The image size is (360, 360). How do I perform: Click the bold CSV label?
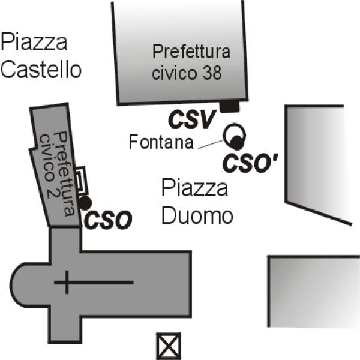pyautogui.click(x=193, y=119)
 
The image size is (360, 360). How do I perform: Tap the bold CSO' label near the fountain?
pyautogui.click(x=250, y=163)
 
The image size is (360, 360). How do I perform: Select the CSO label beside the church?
pyautogui.click(x=108, y=220)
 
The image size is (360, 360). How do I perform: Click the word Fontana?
pyautogui.click(x=161, y=142)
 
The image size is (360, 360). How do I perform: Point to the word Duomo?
pyautogui.click(x=197, y=215)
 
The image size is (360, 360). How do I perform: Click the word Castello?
pyautogui.click(x=41, y=69)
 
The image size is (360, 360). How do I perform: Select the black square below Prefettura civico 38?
pyautogui.click(x=230, y=107)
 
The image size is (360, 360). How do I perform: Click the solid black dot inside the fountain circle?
pyautogui.click(x=236, y=142)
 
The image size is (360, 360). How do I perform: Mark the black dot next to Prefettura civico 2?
pyautogui.click(x=85, y=203)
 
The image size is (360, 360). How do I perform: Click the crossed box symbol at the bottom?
pyautogui.click(x=169, y=346)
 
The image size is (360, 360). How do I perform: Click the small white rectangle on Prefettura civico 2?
pyautogui.click(x=81, y=179)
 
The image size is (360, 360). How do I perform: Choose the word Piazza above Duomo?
pyautogui.click(x=195, y=187)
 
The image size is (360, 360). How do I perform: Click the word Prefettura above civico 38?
pyautogui.click(x=191, y=52)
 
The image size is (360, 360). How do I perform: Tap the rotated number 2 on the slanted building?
pyautogui.click(x=50, y=193)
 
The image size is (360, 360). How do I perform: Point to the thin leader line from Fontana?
pyautogui.click(x=211, y=144)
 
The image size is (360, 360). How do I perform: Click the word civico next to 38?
pyautogui.click(x=175, y=73)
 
